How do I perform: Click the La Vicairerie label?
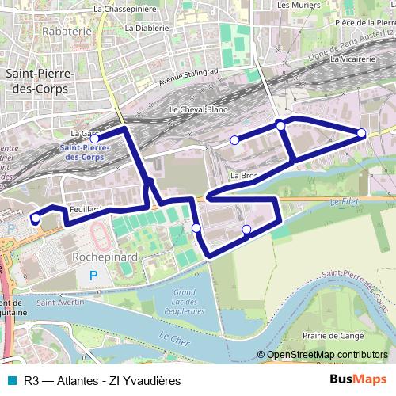pyautogui.click(x=353, y=59)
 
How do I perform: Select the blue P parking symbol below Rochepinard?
pyautogui.click(x=94, y=276)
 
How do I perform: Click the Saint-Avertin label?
pyautogui.click(x=55, y=302)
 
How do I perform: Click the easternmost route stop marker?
pyautogui.click(x=362, y=133)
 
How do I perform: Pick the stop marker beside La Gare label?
pyautogui.click(x=95, y=139)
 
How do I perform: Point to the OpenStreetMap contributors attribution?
pyautogui.click(x=326, y=356)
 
